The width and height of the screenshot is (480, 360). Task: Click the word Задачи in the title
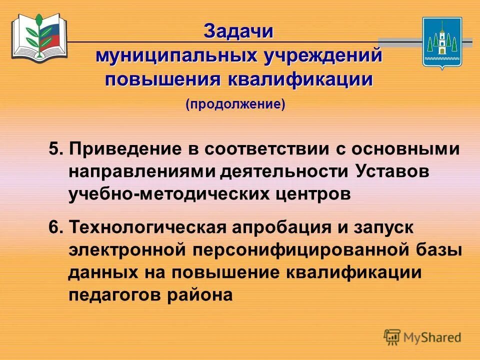click(x=239, y=31)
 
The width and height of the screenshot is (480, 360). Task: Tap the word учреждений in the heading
click(x=321, y=55)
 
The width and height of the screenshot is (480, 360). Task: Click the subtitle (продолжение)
click(x=235, y=104)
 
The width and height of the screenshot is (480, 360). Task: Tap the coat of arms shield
click(x=442, y=42)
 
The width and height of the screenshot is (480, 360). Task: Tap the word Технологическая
click(x=150, y=227)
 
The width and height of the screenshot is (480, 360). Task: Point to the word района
click(x=200, y=296)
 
